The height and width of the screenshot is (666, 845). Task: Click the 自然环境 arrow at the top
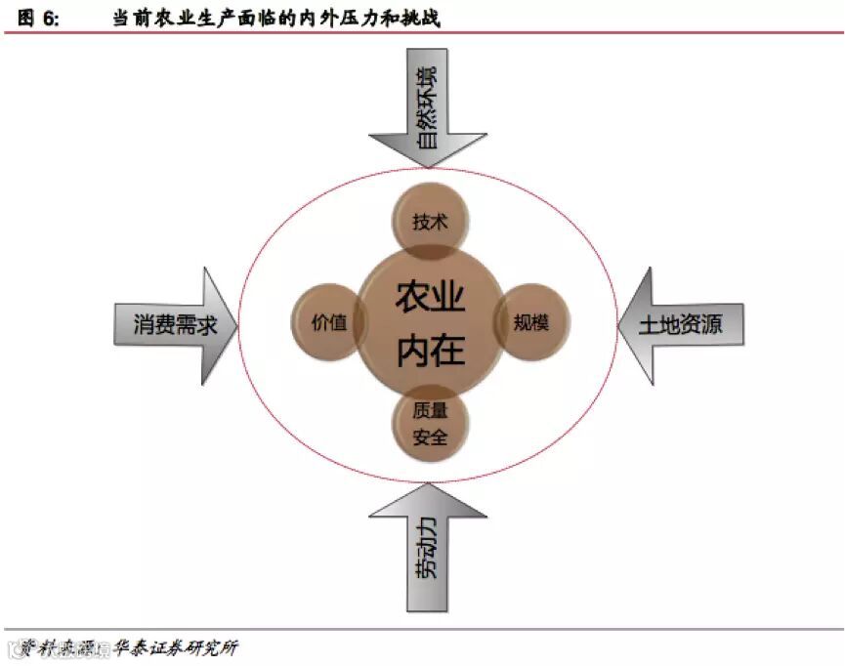(427, 107)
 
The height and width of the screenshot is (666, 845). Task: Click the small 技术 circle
(430, 222)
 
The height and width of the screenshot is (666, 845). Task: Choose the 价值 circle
(326, 323)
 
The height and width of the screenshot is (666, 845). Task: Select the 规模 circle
(532, 322)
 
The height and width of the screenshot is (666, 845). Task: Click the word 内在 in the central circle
(430, 350)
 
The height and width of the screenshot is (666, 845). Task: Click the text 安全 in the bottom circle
(430, 437)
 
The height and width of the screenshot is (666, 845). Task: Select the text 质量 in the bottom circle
(430, 412)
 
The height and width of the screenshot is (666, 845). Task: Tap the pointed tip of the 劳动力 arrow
(427, 487)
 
